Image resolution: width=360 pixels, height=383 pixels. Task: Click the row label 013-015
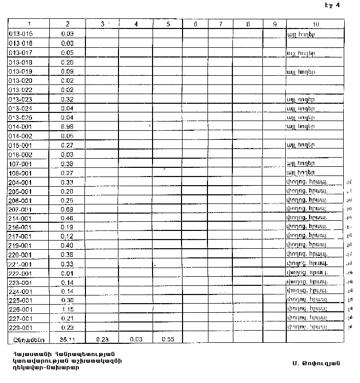point(21,34)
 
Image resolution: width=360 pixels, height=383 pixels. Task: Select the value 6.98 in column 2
point(67,126)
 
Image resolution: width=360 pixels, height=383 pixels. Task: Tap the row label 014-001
point(21,126)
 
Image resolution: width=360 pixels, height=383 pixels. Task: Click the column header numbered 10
point(316,24)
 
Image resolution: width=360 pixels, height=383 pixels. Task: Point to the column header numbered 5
point(168,24)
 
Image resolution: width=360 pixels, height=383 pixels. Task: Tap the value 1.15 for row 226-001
point(67,309)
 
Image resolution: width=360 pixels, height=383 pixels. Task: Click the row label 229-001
point(21,328)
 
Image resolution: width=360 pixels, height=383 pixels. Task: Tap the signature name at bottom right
point(315,363)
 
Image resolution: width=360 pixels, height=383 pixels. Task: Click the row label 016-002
point(21,154)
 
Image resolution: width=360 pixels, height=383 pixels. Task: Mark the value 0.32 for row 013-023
point(67,99)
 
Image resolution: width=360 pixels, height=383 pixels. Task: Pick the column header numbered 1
point(29,24)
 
